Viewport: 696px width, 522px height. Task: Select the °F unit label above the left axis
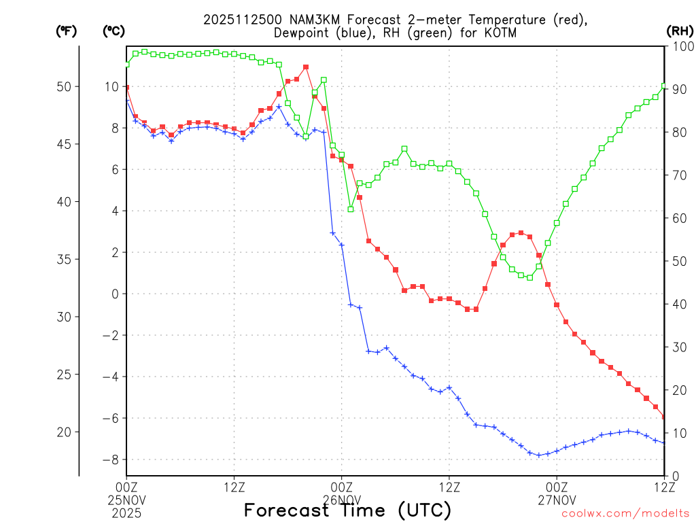(x=65, y=31)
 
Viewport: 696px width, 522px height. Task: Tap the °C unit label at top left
(x=113, y=31)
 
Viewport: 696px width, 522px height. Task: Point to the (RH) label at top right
(x=678, y=31)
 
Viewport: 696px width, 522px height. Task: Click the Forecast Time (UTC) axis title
(x=347, y=510)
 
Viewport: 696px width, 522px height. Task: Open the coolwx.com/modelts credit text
(x=625, y=514)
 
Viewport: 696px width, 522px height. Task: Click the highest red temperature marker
(x=306, y=67)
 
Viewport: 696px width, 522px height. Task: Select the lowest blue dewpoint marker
(x=539, y=455)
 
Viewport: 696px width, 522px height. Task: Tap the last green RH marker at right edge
(x=664, y=86)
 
